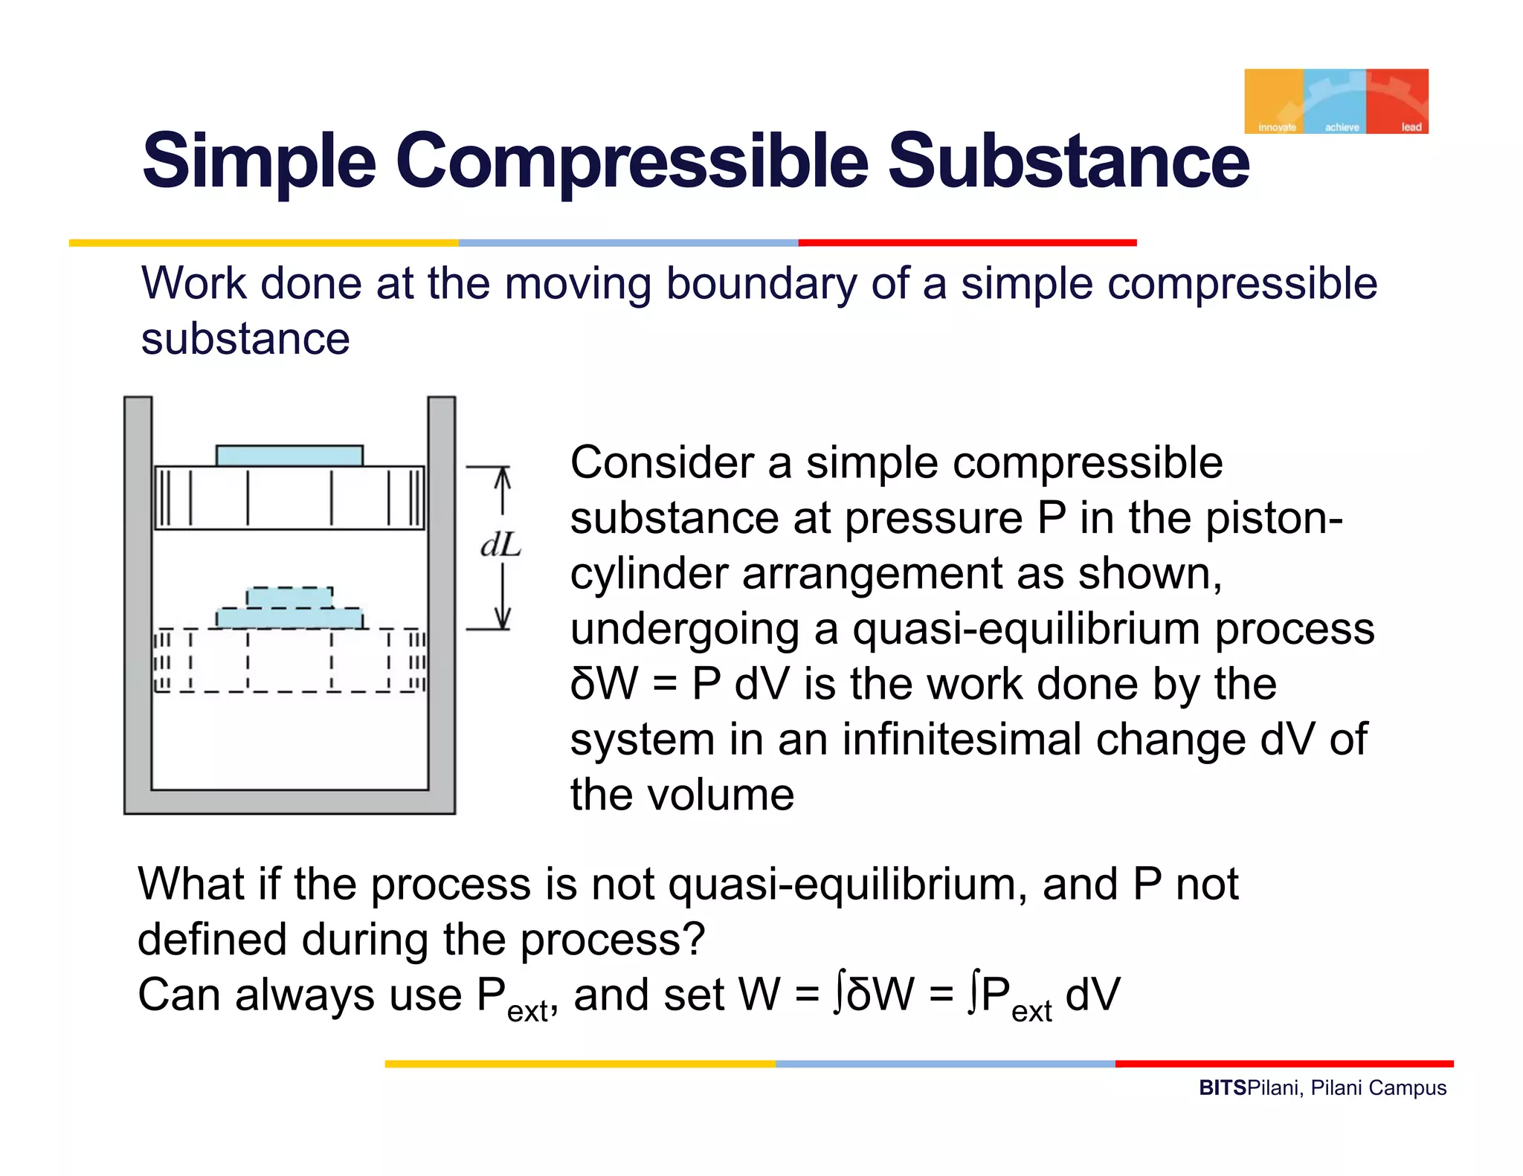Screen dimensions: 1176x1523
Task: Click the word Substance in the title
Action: [x=1068, y=161]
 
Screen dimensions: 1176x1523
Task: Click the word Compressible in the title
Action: [x=631, y=161]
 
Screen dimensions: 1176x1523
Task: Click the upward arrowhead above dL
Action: [x=503, y=476]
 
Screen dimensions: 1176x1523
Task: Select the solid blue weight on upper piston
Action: [x=289, y=456]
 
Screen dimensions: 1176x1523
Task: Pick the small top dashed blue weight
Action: [x=289, y=598]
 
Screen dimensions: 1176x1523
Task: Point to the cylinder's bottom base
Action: [x=289, y=801]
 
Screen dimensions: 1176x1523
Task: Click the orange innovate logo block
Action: [x=1274, y=101]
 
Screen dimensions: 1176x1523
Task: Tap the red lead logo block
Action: [x=1397, y=101]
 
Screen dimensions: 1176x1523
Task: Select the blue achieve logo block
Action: [x=1336, y=101]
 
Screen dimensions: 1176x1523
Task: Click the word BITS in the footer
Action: [x=1222, y=1088]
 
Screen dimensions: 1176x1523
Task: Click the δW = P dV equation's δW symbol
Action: [x=604, y=684]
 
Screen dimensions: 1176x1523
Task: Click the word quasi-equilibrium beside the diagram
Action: [x=1026, y=629]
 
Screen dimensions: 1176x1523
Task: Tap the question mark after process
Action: [x=693, y=940]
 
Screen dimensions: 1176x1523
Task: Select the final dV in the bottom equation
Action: [x=1092, y=995]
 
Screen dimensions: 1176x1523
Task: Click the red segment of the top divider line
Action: [x=967, y=243]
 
